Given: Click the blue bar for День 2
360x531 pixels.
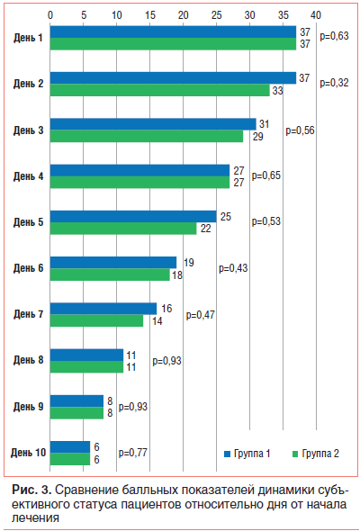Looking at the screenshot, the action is click(x=173, y=78).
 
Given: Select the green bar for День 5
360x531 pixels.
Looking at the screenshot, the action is click(x=123, y=229).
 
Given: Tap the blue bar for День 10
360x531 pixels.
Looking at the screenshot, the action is click(x=70, y=447).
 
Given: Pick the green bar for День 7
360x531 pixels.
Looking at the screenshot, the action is click(x=96, y=320).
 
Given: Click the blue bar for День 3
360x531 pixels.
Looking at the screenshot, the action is click(x=153, y=124).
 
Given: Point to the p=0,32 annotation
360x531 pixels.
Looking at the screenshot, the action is click(x=334, y=83).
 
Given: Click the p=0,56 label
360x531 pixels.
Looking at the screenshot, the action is click(x=300, y=130).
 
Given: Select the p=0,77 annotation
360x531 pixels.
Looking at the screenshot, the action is click(x=133, y=453).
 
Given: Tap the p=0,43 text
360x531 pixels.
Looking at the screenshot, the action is click(x=233, y=268).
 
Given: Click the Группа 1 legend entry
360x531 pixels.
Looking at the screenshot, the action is click(x=247, y=454).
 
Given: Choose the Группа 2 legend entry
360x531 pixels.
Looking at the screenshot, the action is click(x=316, y=454).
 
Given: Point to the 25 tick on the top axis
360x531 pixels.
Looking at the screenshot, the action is click(x=216, y=15).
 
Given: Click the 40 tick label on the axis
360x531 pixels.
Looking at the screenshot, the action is click(x=316, y=15).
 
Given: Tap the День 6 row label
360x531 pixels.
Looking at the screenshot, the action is click(x=29, y=268).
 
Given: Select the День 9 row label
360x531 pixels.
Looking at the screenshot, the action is click(x=29, y=407).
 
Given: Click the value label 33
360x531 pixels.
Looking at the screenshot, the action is click(x=278, y=91).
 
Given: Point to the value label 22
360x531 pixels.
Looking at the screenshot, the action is click(x=205, y=229).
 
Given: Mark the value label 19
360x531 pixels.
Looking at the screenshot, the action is click(x=189, y=263).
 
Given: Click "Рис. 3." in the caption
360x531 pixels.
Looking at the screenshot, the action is click(x=31, y=490).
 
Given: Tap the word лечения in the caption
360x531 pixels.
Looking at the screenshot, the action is click(x=36, y=517).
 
